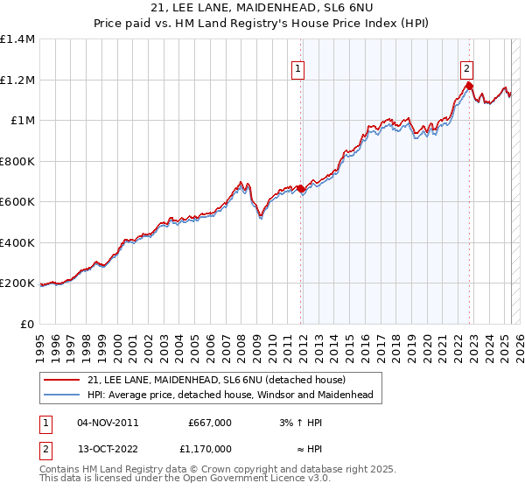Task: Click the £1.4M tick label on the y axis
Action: (x=17, y=39)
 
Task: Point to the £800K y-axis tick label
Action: (x=17, y=161)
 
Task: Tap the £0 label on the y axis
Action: (x=28, y=324)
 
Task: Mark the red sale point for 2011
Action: (x=301, y=188)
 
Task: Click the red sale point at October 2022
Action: (x=470, y=86)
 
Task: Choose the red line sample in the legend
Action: (x=62, y=380)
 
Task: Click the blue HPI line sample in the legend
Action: (x=62, y=395)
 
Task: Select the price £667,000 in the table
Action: (x=210, y=423)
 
